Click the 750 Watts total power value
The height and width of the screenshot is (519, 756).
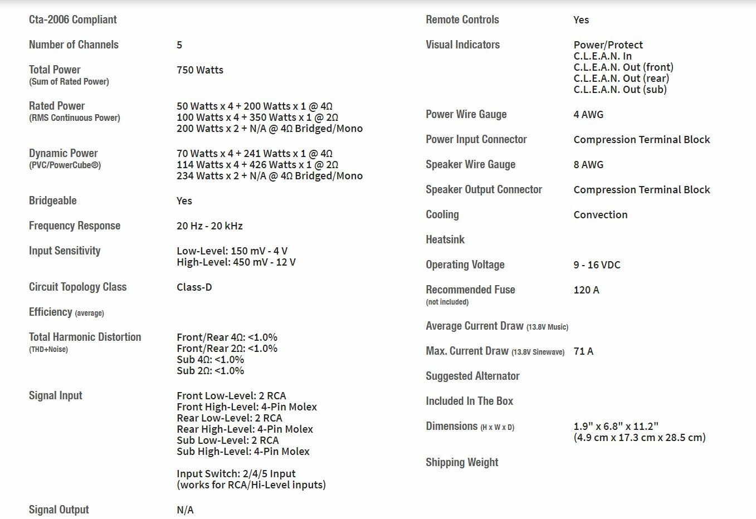click(x=199, y=70)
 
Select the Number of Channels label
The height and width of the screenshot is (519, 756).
click(x=74, y=45)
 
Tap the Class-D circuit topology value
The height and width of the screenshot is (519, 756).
click(x=194, y=287)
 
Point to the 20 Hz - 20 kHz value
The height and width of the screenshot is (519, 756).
click(x=209, y=226)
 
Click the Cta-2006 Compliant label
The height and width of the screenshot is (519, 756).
click(x=72, y=19)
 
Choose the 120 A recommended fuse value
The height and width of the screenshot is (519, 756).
click(x=586, y=290)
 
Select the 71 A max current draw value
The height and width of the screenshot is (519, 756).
click(x=583, y=351)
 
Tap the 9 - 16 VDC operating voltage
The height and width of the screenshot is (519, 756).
click(x=597, y=265)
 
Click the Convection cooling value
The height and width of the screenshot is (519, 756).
click(x=600, y=215)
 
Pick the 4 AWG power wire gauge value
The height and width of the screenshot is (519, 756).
click(x=588, y=115)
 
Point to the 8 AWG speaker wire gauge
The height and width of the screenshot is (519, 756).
click(x=588, y=165)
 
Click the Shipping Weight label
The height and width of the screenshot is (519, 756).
click(x=462, y=462)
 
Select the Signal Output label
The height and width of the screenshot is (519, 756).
click(x=58, y=510)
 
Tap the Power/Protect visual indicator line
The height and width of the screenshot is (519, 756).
click(x=608, y=45)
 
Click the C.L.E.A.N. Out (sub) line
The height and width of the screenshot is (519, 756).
click(x=620, y=90)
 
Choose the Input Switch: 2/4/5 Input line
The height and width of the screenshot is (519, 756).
click(x=236, y=474)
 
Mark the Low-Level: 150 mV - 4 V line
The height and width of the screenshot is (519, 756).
click(x=232, y=251)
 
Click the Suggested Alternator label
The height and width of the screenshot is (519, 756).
click(x=472, y=376)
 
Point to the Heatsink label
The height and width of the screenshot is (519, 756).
click(x=445, y=239)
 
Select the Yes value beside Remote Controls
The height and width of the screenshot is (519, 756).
click(x=581, y=20)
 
